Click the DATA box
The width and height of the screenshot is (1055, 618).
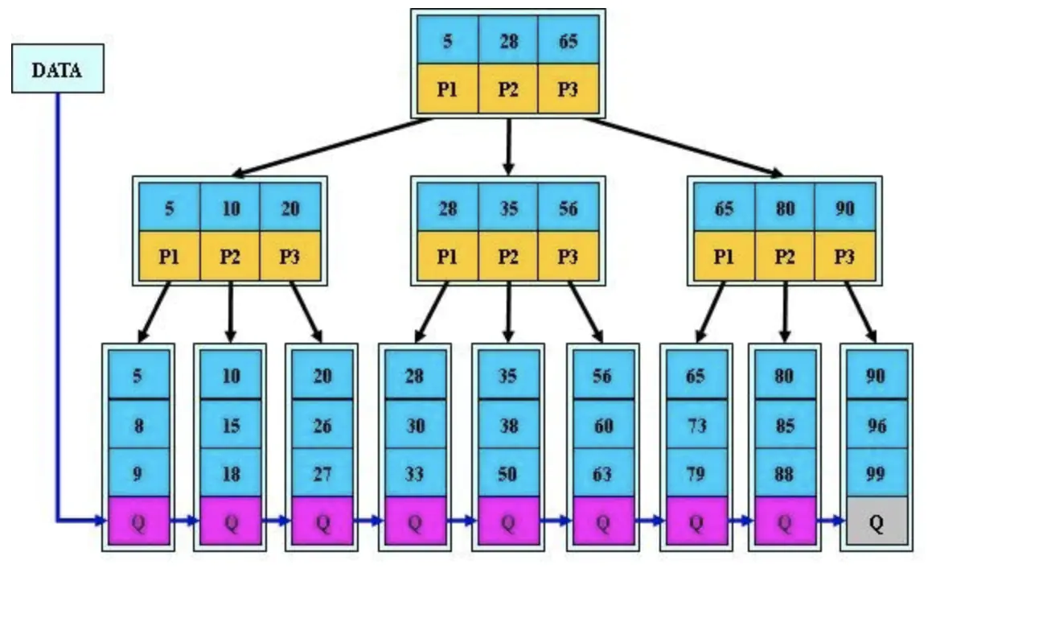57,69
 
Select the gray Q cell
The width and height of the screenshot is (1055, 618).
876,521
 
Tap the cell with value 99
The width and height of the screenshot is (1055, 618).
876,472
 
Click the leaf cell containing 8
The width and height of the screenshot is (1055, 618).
138,424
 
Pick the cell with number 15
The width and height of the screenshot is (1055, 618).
230,424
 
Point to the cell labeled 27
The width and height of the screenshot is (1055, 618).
322,472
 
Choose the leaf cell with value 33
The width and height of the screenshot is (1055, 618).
415,472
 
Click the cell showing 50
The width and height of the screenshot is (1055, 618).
508,472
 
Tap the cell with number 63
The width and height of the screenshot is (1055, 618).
603,472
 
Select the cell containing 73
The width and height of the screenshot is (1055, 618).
696,424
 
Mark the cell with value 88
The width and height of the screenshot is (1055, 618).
785,472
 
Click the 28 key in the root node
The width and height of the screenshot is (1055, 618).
508,40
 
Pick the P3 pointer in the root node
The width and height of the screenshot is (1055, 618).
569,89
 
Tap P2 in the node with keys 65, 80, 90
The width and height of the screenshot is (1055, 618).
785,256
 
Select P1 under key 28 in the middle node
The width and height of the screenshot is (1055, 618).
447,256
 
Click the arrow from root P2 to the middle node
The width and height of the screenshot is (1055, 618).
508,147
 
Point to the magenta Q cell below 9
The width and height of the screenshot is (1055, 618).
138,521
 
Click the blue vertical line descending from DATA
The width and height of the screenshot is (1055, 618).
58,307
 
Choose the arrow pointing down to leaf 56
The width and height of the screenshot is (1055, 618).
586,312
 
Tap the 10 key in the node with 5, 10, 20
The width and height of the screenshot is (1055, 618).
230,208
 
